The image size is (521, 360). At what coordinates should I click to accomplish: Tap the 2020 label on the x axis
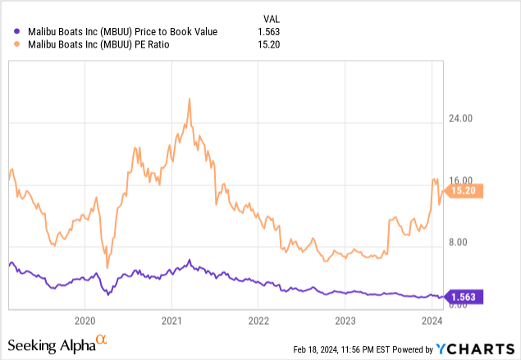click(85, 320)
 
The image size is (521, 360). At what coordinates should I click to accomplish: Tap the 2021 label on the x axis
click(171, 320)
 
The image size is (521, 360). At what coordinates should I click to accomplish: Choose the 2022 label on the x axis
click(258, 320)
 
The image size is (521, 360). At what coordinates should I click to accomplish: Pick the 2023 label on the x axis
click(345, 320)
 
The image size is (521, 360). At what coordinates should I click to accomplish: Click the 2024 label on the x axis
click(432, 320)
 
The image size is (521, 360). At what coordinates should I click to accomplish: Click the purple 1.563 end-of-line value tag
click(467, 297)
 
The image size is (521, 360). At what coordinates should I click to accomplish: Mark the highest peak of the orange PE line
click(190, 99)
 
